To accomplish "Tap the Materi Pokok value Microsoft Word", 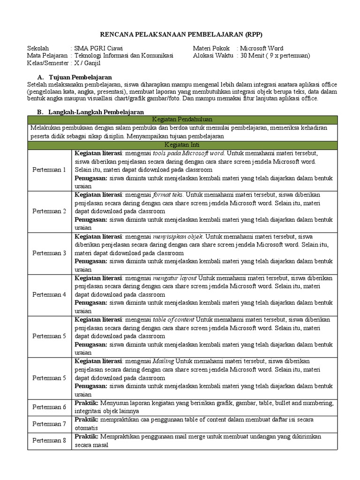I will click(262, 48).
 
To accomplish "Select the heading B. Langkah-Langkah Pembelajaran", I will click(90, 112).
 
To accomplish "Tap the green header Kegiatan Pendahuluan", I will click(182, 120).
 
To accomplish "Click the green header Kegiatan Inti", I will click(182, 145).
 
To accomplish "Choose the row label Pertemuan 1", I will click(49, 170).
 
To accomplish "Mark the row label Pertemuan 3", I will click(49, 253).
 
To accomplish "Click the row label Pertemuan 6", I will click(49, 407).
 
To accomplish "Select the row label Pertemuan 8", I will click(49, 441).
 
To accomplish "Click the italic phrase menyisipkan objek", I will click(178, 236).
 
